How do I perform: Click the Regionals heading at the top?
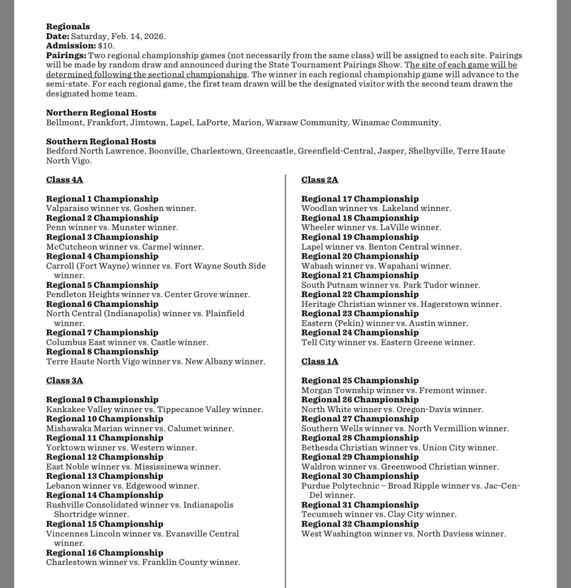click(x=68, y=26)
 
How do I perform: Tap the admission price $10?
click(x=106, y=45)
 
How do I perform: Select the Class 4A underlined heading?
click(x=64, y=180)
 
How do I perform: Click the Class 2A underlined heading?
click(x=320, y=180)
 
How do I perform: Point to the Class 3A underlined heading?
click(x=64, y=381)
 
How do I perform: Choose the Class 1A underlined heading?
click(x=320, y=362)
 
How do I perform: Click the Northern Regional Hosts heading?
click(x=101, y=113)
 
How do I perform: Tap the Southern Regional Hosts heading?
click(x=101, y=141)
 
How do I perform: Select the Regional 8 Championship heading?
click(x=102, y=352)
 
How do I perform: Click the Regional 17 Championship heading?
click(x=360, y=199)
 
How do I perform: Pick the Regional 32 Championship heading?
click(x=360, y=524)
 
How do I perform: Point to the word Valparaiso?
click(x=67, y=209)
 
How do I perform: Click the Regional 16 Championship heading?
click(x=105, y=553)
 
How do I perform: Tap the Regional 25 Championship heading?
click(x=360, y=381)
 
